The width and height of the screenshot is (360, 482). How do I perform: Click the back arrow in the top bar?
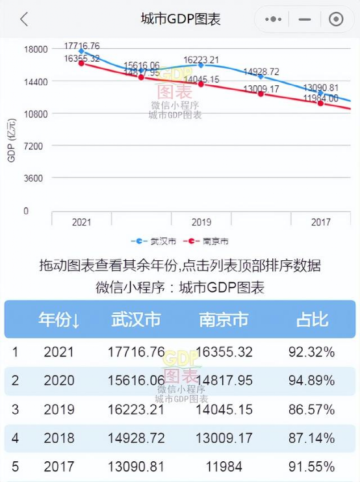[24, 20]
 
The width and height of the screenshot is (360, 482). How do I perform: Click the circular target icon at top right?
[336, 20]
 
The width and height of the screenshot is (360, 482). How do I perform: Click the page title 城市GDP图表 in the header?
[181, 20]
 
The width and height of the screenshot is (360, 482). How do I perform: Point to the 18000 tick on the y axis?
[36, 49]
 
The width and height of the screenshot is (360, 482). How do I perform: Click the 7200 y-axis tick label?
[36, 146]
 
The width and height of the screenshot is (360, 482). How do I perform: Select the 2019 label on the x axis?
[201, 222]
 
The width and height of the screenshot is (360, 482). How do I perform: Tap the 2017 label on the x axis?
[320, 222]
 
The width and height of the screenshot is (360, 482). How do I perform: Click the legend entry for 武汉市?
[154, 241]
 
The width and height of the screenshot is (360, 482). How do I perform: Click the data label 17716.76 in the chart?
[82, 46]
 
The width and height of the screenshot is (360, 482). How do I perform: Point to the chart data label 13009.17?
[261, 89]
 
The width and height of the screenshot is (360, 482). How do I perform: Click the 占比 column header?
[312, 320]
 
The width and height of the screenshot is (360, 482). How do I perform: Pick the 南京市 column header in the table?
[224, 320]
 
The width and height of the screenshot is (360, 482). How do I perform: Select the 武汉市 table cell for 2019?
[136, 410]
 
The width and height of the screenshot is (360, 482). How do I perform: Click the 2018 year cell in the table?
[59, 438]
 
